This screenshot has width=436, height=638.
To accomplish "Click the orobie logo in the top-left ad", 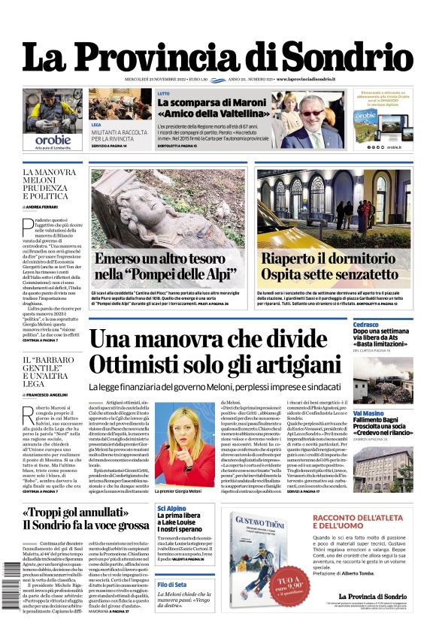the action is pyautogui.click(x=53, y=140).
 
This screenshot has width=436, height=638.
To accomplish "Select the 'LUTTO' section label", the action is pyautogui.click(x=163, y=94).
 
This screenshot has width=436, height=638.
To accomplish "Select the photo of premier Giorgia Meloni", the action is pyautogui.click(x=185, y=443).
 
